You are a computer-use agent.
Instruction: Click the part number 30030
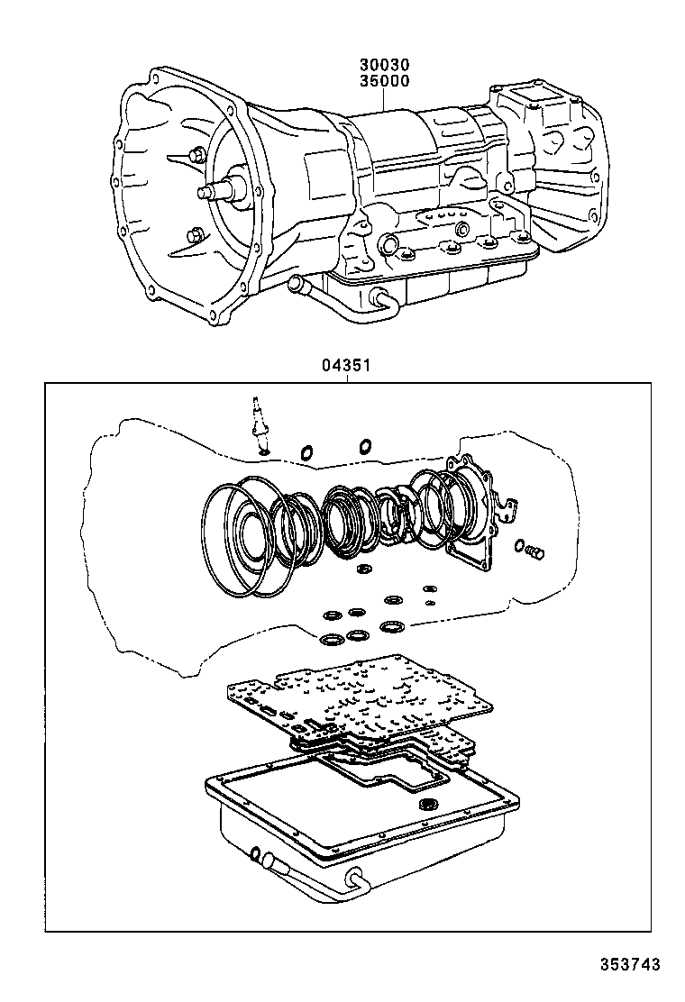coord(385,66)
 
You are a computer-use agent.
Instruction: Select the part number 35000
coord(385,81)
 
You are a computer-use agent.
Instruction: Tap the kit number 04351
coord(346,367)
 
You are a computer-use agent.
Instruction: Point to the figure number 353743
coord(631,964)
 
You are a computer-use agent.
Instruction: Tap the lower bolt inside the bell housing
coord(192,237)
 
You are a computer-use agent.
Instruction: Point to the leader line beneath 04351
coord(346,378)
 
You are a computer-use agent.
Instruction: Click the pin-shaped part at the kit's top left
coord(258,424)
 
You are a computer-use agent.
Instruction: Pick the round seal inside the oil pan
coord(429,805)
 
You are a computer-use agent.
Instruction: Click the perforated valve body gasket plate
coord(361,698)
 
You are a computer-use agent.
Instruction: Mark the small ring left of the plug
coord(520,545)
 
